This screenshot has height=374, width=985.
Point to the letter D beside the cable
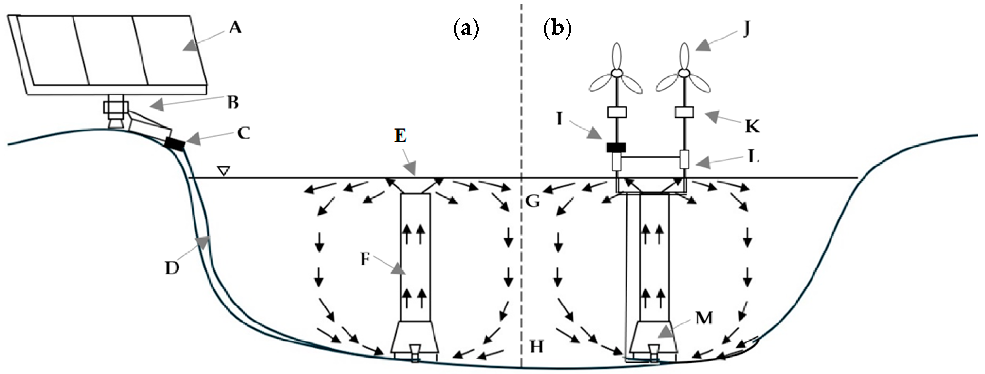172,268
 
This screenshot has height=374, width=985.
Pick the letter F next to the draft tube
365,259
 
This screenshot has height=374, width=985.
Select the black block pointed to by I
616,147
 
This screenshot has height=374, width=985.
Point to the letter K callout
752,126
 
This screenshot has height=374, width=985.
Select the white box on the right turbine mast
684,112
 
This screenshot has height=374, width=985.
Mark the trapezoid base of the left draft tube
415,337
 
